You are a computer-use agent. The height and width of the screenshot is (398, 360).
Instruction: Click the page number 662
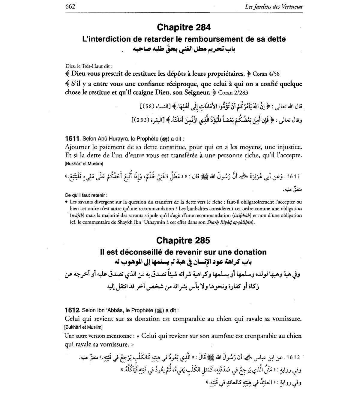[70, 6]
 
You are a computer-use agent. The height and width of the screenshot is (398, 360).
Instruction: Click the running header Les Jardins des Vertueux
[274, 6]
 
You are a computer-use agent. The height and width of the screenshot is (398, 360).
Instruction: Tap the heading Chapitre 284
[184, 27]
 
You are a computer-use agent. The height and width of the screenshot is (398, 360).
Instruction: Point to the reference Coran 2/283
[233, 92]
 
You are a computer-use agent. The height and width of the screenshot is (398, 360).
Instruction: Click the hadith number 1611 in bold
[72, 139]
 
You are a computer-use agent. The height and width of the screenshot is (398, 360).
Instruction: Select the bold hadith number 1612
[72, 310]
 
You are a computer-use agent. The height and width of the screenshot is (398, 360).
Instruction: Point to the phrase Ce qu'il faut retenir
[85, 195]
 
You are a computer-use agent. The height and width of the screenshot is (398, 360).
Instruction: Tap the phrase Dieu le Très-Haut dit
[88, 66]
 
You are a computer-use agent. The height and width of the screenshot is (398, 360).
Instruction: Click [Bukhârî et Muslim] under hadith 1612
[83, 327]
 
